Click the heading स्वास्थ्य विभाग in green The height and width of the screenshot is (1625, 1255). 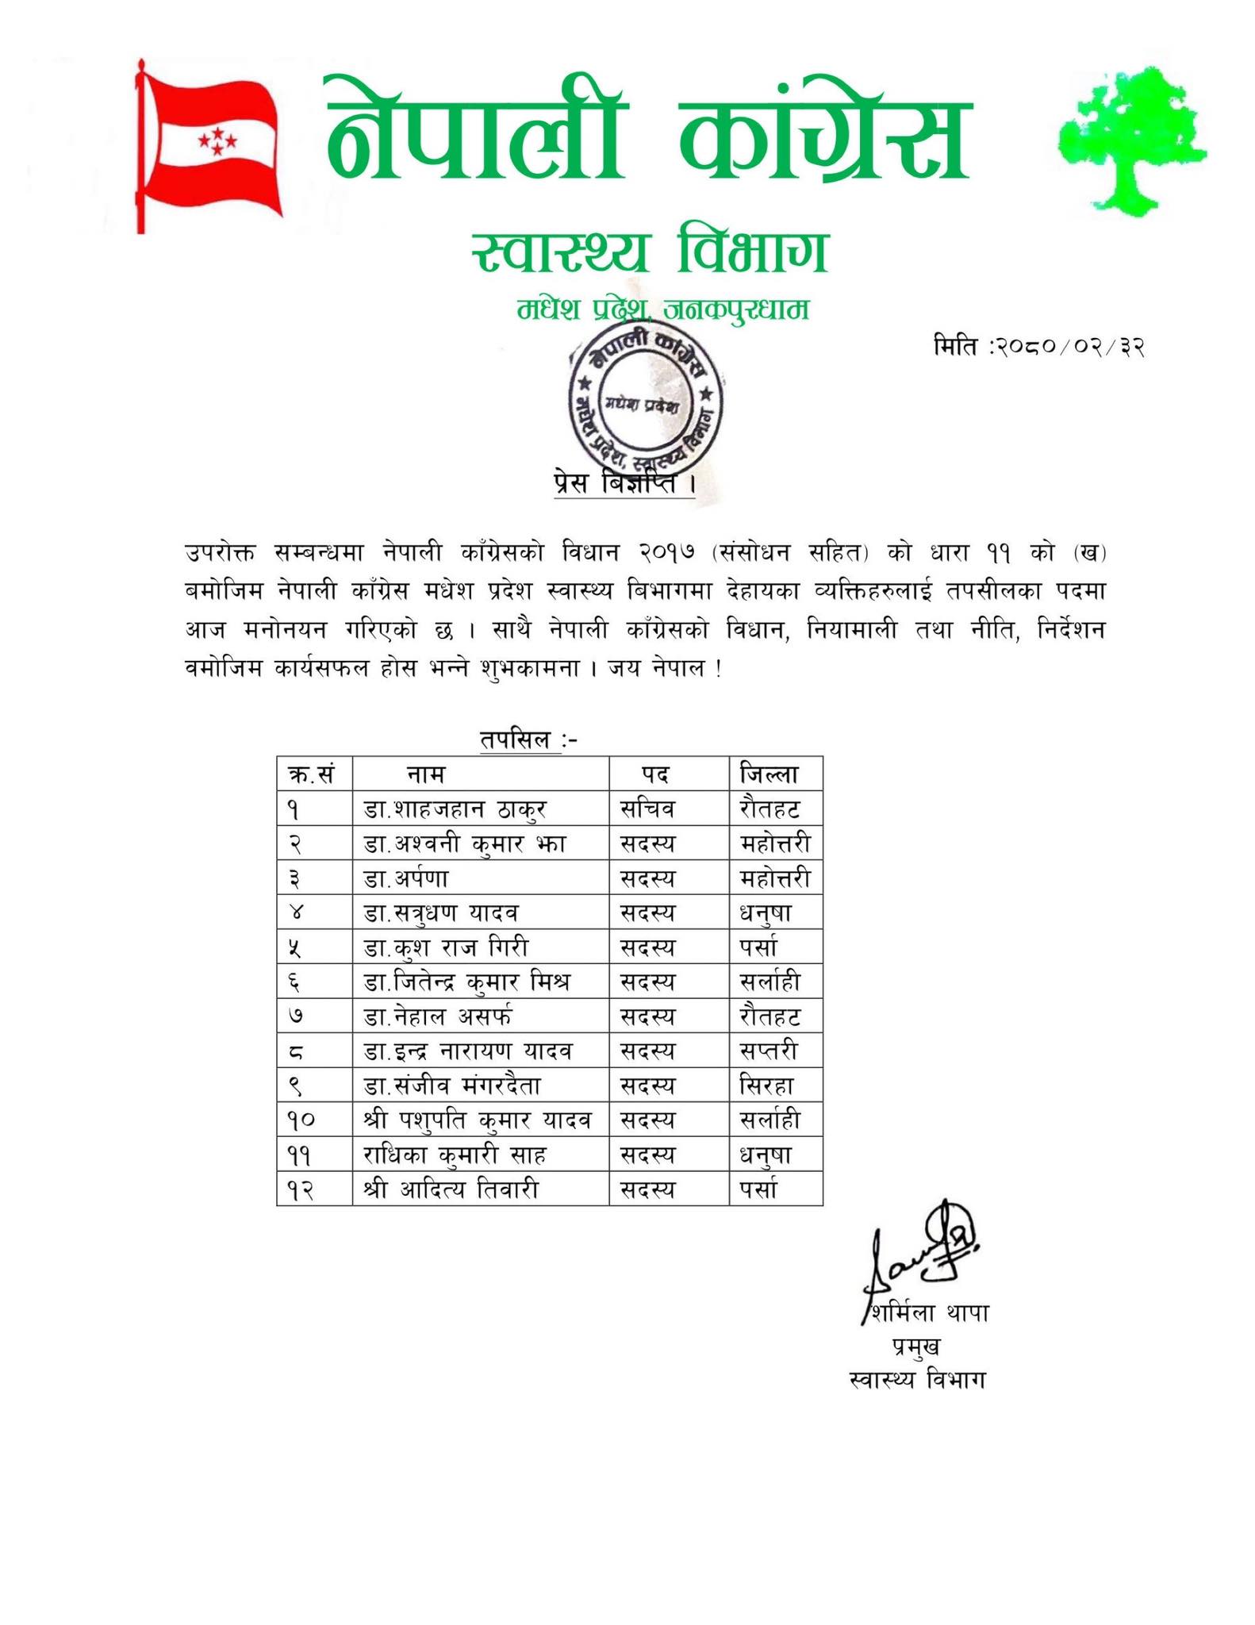point(648,252)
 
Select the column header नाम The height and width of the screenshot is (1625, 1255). point(426,774)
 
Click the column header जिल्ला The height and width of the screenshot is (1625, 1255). point(769,774)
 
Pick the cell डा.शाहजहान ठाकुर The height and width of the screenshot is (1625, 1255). point(455,809)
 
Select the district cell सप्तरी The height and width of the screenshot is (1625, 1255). point(767,1051)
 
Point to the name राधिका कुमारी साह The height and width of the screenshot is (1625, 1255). point(455,1155)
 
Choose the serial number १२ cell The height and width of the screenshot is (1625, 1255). point(301,1190)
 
